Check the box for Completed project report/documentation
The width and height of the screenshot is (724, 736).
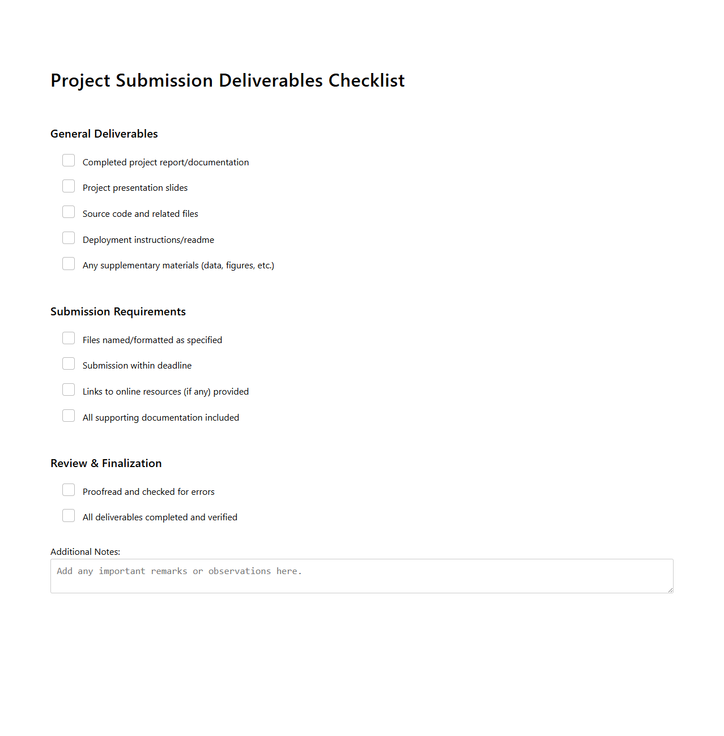69,161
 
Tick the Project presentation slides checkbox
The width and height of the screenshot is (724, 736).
69,186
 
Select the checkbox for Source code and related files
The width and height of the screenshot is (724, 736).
69,212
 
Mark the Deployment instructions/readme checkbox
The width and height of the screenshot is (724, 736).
69,238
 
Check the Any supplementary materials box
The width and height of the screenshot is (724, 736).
69,264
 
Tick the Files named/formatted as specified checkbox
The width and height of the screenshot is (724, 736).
69,339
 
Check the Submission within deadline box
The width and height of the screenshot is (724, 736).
69,364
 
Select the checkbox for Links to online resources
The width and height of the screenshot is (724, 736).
69,390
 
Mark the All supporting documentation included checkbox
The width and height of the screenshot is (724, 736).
69,416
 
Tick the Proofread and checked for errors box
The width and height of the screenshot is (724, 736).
69,490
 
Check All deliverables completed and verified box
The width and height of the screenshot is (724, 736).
69,516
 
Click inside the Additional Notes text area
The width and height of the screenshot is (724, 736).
361,576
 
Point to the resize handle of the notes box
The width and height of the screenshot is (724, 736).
670,590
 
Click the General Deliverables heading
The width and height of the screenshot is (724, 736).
104,134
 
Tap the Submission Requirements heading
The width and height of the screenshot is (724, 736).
118,312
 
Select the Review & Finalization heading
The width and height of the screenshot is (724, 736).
106,464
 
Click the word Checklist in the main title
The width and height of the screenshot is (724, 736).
367,81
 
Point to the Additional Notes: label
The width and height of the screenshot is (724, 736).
85,552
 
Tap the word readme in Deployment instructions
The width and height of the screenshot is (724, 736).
199,240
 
